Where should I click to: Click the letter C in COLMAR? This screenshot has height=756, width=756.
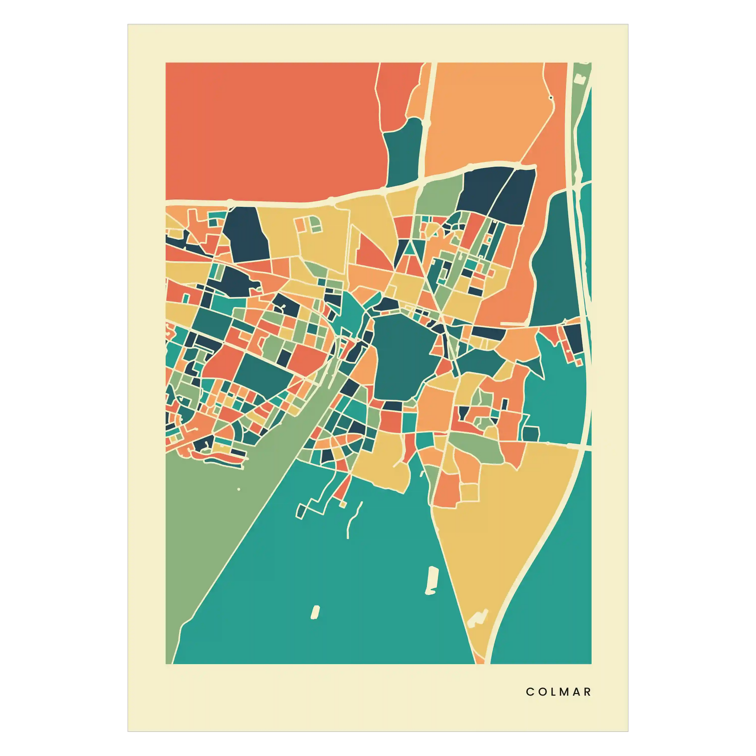tap(530, 692)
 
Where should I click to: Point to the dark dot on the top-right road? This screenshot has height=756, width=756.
tap(551, 98)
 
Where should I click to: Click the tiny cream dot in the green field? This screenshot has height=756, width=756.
tap(239, 489)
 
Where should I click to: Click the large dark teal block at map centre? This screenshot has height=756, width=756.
tap(403, 356)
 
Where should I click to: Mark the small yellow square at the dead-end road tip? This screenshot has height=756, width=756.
tap(342, 505)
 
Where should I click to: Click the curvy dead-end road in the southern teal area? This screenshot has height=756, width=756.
tap(352, 521)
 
